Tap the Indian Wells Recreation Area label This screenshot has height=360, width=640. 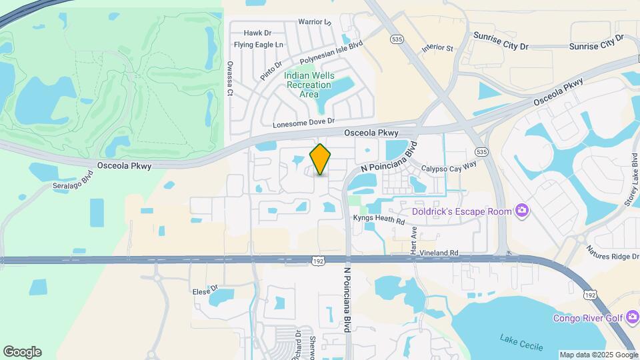(x=308, y=85)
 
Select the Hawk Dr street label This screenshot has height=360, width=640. (x=257, y=33)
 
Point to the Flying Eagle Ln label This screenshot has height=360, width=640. (x=259, y=45)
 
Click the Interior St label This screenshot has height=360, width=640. (x=437, y=48)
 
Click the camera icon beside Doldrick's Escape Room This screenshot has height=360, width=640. (x=522, y=211)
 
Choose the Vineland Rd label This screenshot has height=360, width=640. (x=435, y=253)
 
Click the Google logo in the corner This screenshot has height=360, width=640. (x=22, y=351)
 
